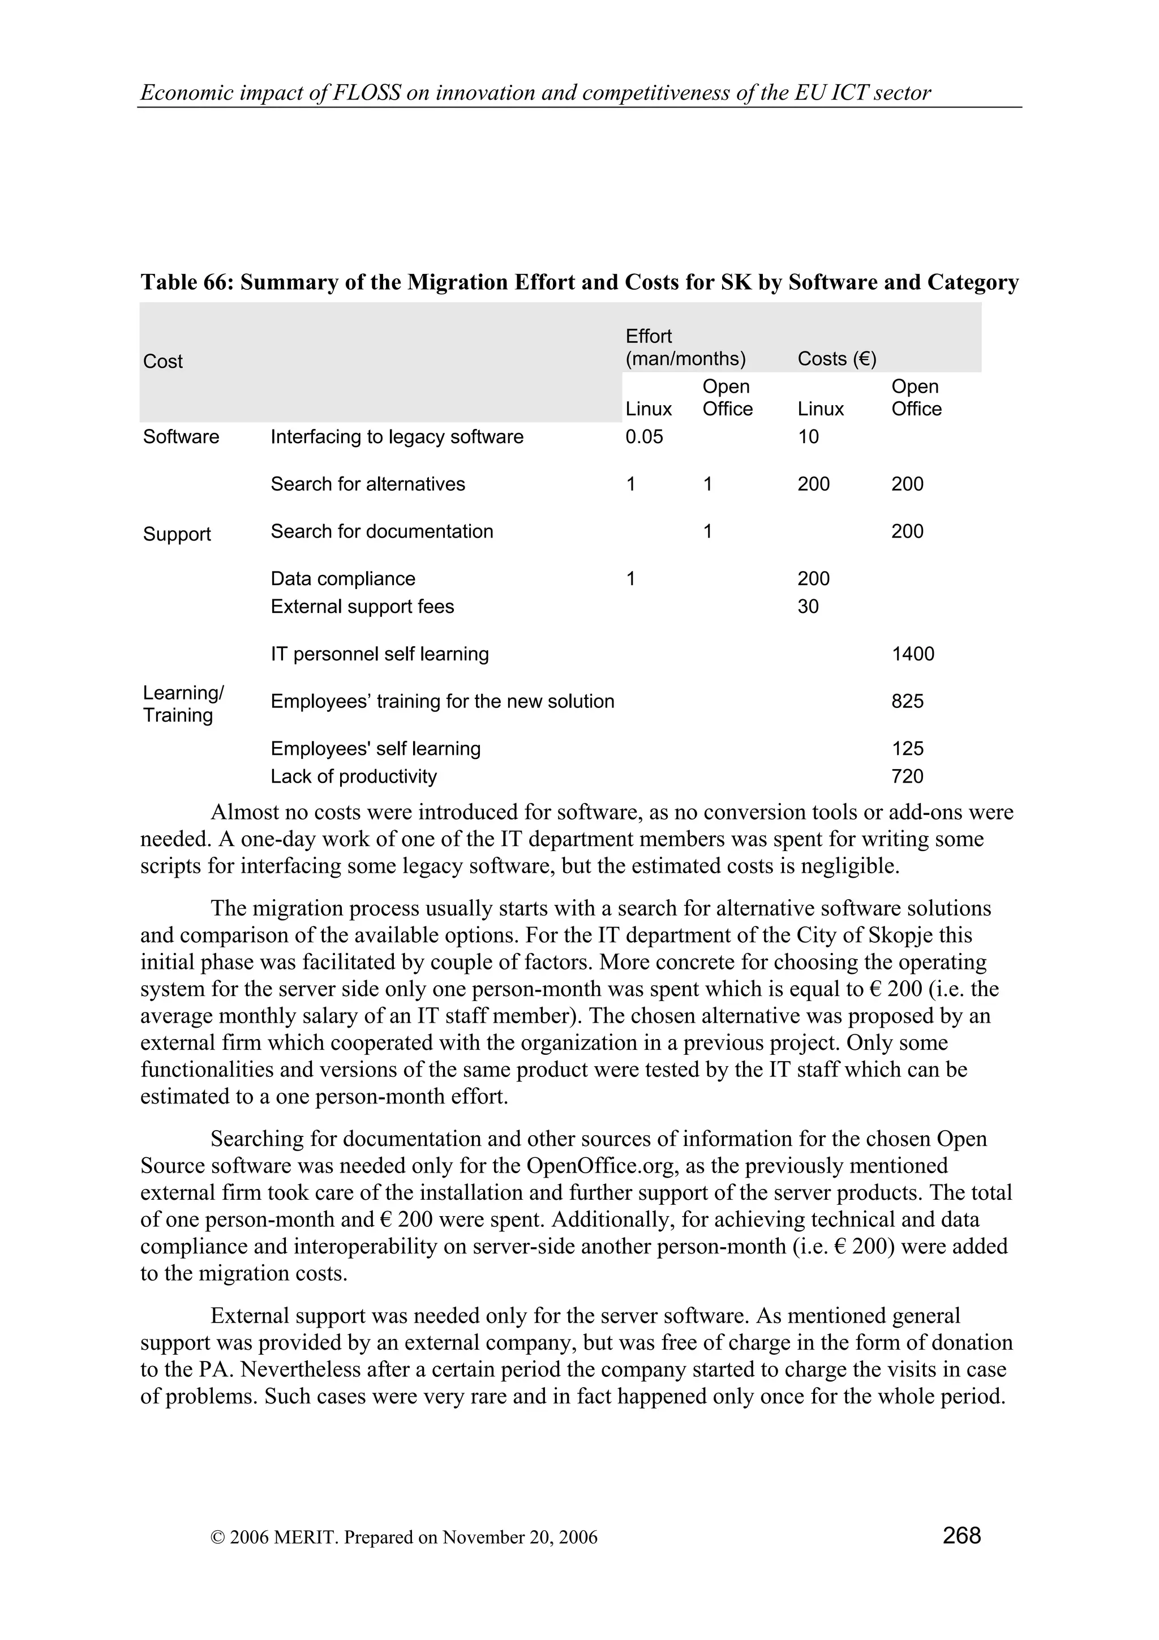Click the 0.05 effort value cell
pyautogui.click(x=643, y=437)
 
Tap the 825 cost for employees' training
pyautogui.click(x=907, y=701)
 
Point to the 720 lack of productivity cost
pyautogui.click(x=907, y=776)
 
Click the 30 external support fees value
pyautogui.click(x=808, y=607)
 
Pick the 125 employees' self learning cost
pyautogui.click(x=907, y=749)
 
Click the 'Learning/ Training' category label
pyautogui.click(x=183, y=705)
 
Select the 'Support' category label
pyautogui.click(x=177, y=534)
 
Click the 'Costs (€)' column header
pyautogui.click(x=836, y=359)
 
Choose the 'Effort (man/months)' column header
pyautogui.click(x=685, y=348)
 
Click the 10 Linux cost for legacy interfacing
pyautogui.click(x=808, y=437)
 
